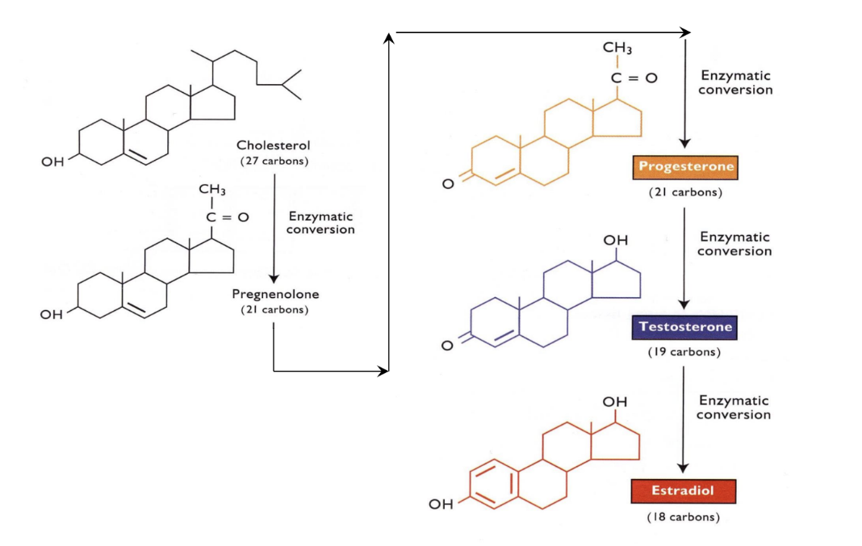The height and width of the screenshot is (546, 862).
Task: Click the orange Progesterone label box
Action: [686, 167]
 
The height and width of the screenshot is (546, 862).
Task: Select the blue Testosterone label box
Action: [685, 327]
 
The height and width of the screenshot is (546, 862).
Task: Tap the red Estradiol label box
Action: [684, 491]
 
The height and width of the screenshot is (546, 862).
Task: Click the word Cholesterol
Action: [273, 145]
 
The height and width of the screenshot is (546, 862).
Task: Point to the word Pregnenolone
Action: [275, 295]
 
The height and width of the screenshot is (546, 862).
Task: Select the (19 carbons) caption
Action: [684, 352]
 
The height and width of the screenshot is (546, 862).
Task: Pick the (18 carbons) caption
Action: [684, 517]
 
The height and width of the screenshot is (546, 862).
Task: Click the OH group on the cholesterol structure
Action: [52, 162]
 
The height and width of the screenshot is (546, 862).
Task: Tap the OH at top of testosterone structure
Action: [615, 241]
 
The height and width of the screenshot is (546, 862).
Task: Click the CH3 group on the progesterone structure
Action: [617, 49]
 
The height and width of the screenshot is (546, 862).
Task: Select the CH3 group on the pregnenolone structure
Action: [211, 190]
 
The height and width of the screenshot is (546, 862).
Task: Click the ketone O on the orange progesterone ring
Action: [448, 185]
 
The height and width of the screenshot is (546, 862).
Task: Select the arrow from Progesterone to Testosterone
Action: [684, 258]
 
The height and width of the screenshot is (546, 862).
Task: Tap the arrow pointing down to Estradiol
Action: [684, 420]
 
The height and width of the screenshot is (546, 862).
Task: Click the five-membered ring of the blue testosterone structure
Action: [620, 283]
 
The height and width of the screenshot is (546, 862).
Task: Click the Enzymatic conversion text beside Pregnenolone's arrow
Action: [320, 223]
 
